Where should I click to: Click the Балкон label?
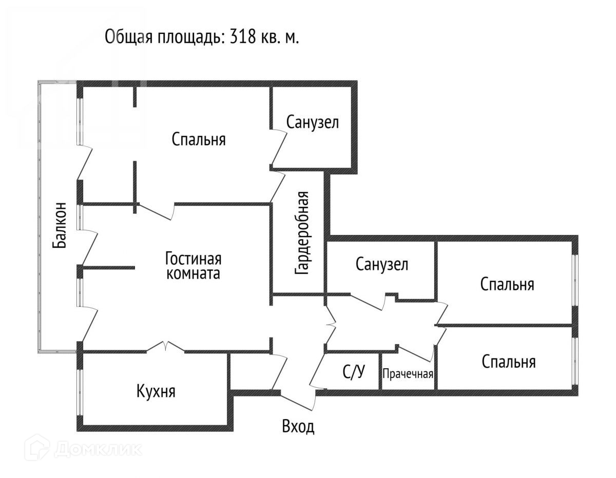tap(60, 224)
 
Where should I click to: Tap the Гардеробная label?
tap(302, 233)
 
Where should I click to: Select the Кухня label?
tap(156, 392)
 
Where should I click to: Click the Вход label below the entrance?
tap(298, 426)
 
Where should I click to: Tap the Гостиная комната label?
tap(193, 265)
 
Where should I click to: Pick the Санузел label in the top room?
tap(313, 123)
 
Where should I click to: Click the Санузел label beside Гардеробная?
tap(382, 265)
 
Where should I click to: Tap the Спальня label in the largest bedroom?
tap(199, 139)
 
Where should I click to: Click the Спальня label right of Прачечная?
tap(509, 362)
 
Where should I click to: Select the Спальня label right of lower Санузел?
tap(507, 284)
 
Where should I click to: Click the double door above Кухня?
tap(165, 347)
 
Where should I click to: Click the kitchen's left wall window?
tap(79, 392)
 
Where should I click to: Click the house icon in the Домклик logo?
tap(37, 448)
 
